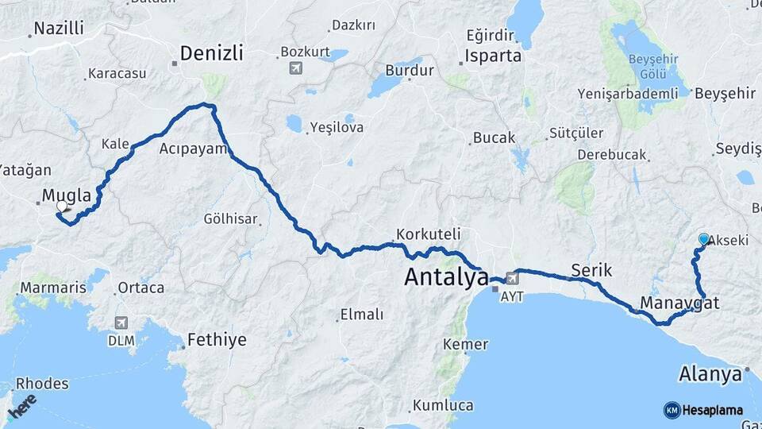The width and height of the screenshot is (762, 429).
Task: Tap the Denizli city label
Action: pyautogui.click(x=211, y=53)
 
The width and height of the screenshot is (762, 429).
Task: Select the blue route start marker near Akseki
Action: pyautogui.click(x=703, y=238)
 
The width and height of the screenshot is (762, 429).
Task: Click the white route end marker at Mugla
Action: pyautogui.click(x=62, y=207)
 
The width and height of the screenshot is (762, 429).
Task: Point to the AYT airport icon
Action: pyautogui.click(x=512, y=278)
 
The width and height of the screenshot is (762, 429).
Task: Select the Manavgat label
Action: pyautogui.click(x=679, y=303)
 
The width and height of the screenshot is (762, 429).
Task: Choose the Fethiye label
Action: pyautogui.click(x=216, y=340)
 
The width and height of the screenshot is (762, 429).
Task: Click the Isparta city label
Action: pyautogui.click(x=493, y=56)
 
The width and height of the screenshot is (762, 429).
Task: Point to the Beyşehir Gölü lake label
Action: pyautogui.click(x=657, y=68)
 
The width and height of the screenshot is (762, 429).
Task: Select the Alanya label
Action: pyautogui.click(x=711, y=373)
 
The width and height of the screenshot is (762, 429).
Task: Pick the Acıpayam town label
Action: pyautogui.click(x=193, y=149)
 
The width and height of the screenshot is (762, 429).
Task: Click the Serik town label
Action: pyautogui.click(x=591, y=270)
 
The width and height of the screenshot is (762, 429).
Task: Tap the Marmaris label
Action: pyautogui.click(x=52, y=287)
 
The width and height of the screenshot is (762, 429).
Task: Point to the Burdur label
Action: pyautogui.click(x=409, y=70)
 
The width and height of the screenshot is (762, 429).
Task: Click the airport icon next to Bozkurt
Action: pyautogui.click(x=296, y=68)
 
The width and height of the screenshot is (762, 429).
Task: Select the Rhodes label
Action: pyautogui.click(x=42, y=384)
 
